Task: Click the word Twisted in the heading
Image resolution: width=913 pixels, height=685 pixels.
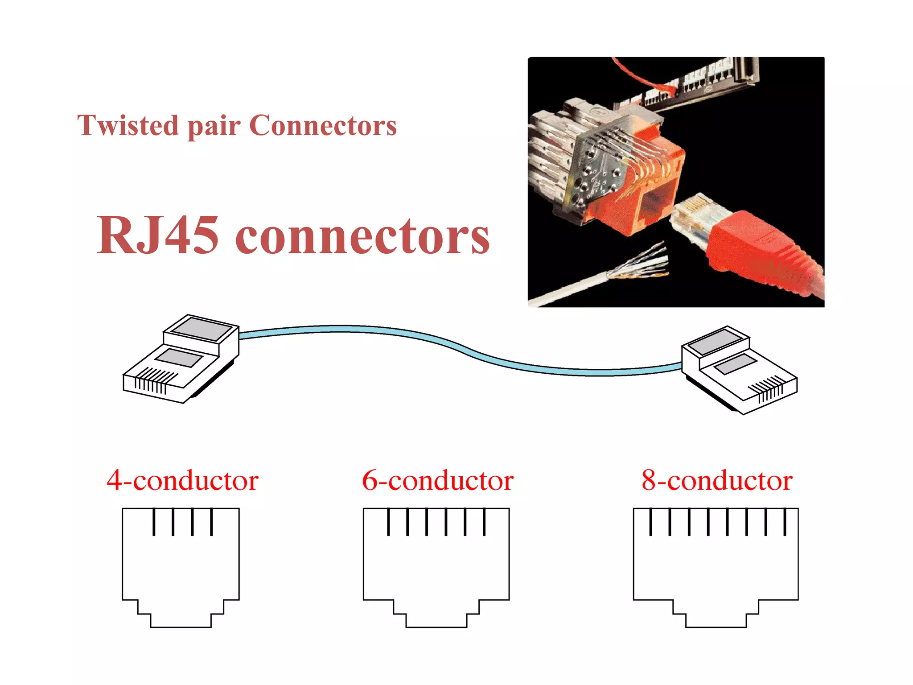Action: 127,125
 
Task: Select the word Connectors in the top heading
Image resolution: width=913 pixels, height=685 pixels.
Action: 323,125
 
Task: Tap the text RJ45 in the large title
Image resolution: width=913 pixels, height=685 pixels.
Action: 158,235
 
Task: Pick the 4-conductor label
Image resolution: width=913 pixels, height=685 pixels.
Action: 182,480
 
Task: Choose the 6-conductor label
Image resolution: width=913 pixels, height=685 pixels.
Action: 438,480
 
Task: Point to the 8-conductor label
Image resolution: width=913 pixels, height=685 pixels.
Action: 717,480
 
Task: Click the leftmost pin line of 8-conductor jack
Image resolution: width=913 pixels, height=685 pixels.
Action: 650,522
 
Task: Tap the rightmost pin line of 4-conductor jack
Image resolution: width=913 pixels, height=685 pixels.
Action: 211,522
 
